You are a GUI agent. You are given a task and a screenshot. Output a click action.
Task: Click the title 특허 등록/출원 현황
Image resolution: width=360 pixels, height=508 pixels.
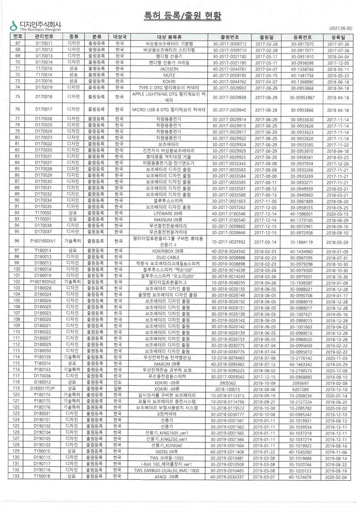tap(182, 15)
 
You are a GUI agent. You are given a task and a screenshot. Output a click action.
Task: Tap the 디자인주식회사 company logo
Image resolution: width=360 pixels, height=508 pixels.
tap(36, 26)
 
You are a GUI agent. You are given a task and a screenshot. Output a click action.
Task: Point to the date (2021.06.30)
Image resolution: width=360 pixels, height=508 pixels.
tap(341, 28)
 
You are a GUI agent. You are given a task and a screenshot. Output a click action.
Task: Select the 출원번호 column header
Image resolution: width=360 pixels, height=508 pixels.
tap(230, 37)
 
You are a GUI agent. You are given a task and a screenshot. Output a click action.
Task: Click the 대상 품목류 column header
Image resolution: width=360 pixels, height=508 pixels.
tap(169, 37)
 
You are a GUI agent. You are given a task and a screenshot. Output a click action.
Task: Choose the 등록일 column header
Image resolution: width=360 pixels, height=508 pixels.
tap(338, 37)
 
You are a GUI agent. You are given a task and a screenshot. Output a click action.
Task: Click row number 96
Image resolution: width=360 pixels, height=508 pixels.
tap(17, 241)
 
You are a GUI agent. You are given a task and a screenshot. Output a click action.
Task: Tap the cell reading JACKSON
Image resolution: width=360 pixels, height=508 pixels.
tap(169, 69)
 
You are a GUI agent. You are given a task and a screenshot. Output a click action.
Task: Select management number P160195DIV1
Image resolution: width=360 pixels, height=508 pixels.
tap(43, 241)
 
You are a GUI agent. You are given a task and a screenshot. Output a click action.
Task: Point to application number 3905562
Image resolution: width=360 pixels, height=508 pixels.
tap(227, 383)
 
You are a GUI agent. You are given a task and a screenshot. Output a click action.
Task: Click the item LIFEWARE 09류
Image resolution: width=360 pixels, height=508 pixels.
tap(168, 214)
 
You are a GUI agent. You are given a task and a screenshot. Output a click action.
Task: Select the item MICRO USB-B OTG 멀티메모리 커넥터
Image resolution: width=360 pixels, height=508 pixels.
tap(169, 110)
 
